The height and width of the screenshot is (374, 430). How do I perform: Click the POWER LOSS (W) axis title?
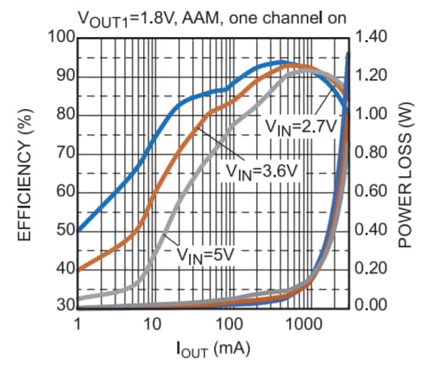413,172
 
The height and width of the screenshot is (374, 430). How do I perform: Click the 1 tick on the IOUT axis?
78,324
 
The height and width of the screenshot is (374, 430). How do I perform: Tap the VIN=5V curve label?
206,254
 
